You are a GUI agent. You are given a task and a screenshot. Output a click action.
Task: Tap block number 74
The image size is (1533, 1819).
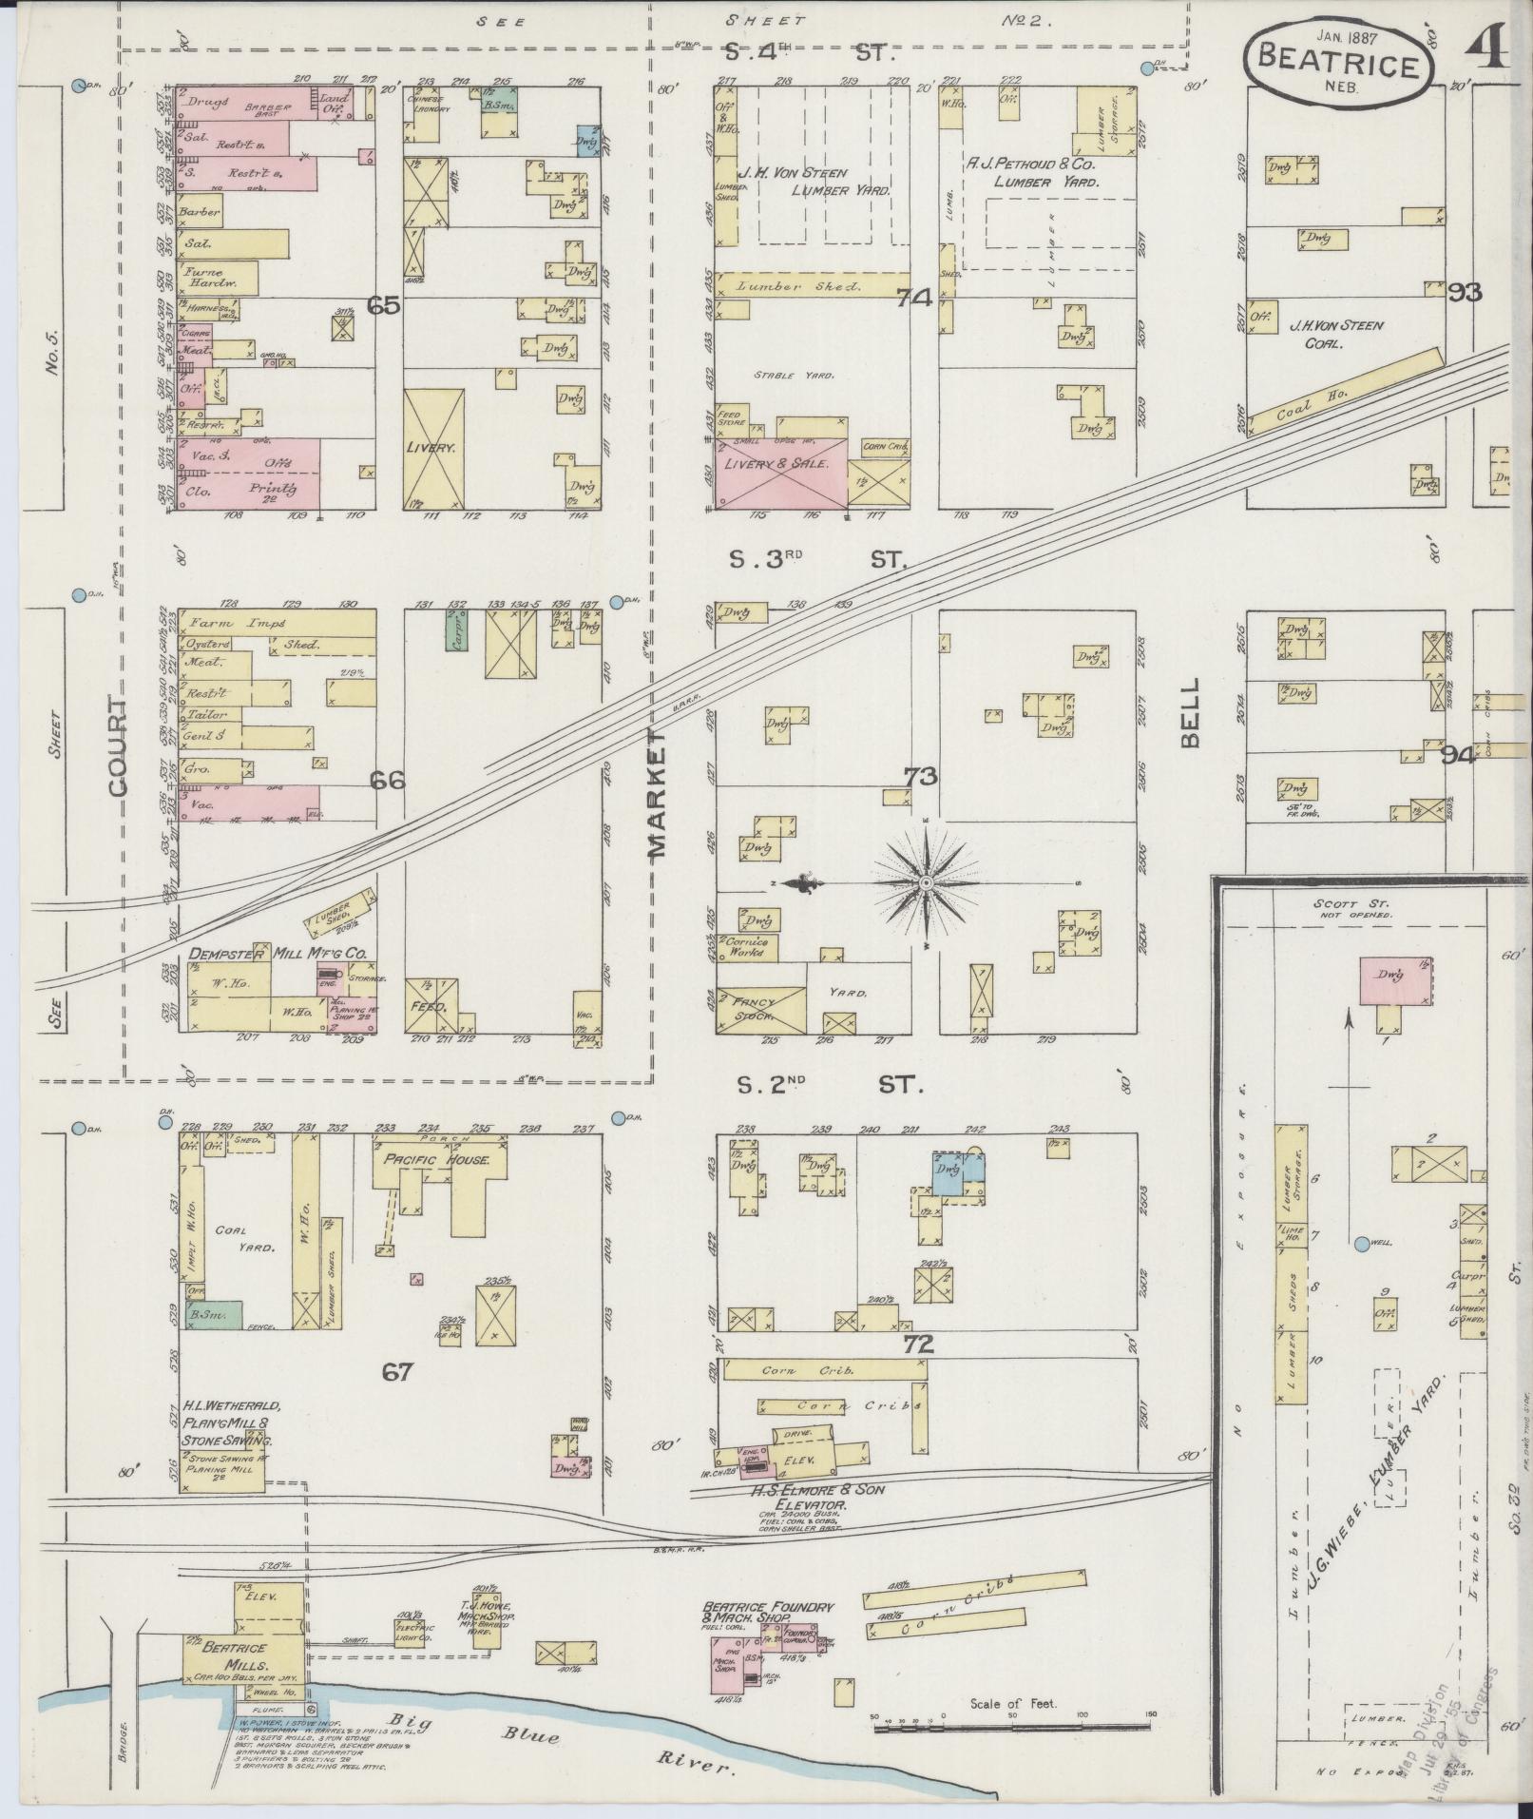pyautogui.click(x=913, y=298)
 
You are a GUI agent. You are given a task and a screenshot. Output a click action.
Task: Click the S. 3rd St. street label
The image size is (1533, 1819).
pyautogui.click(x=816, y=561)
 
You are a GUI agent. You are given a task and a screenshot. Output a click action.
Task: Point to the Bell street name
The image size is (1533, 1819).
pyautogui.click(x=1191, y=713)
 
